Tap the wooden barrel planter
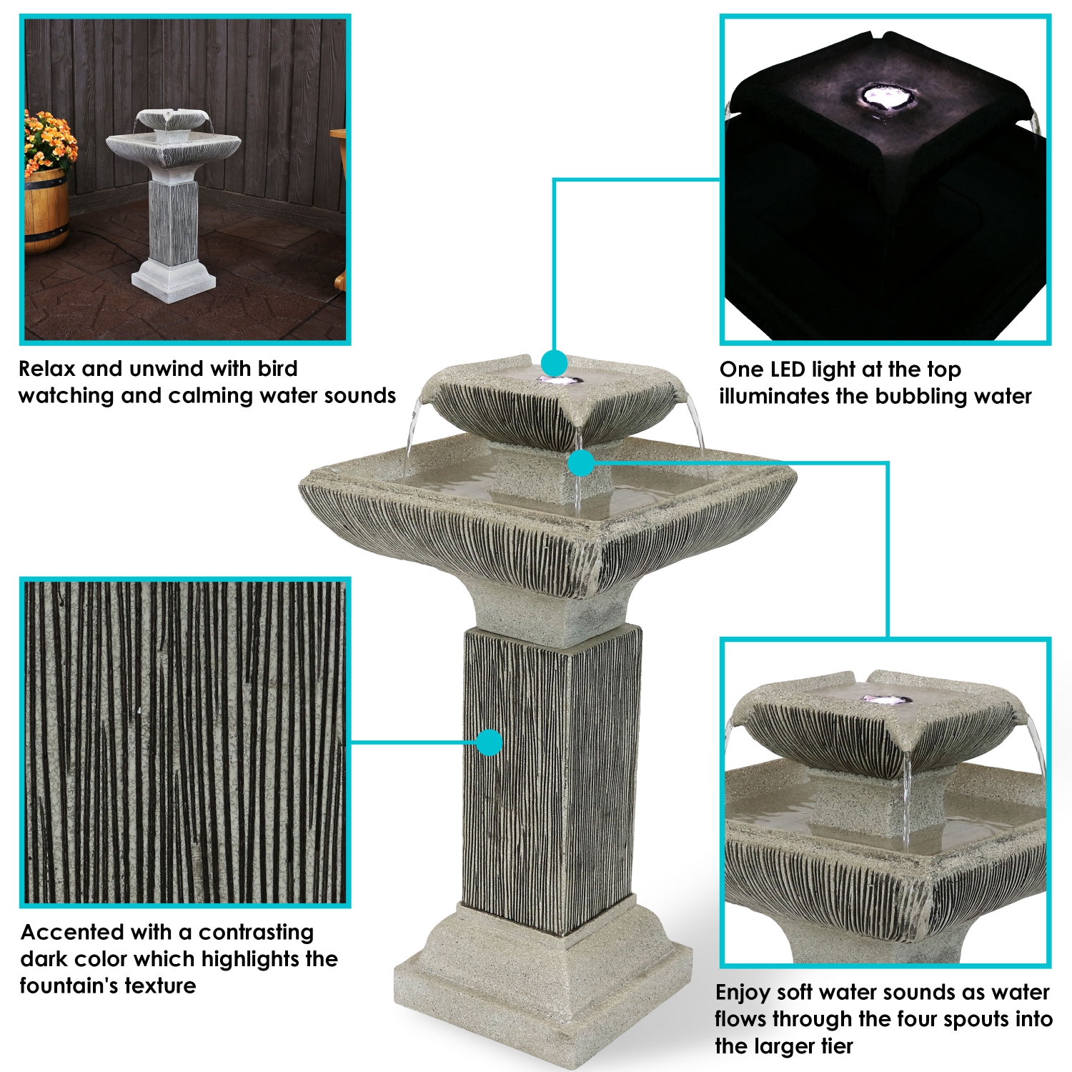pyautogui.click(x=46, y=211)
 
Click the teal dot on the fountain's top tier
pyautogui.click(x=554, y=363)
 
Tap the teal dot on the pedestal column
pyautogui.click(x=490, y=743)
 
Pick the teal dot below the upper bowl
pyautogui.click(x=582, y=463)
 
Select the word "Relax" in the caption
pyautogui.click(x=46, y=369)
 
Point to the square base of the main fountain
pyautogui.click(x=543, y=993)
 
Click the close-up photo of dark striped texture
pyautogui.click(x=185, y=743)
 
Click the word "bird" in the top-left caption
pyautogui.click(x=277, y=369)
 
